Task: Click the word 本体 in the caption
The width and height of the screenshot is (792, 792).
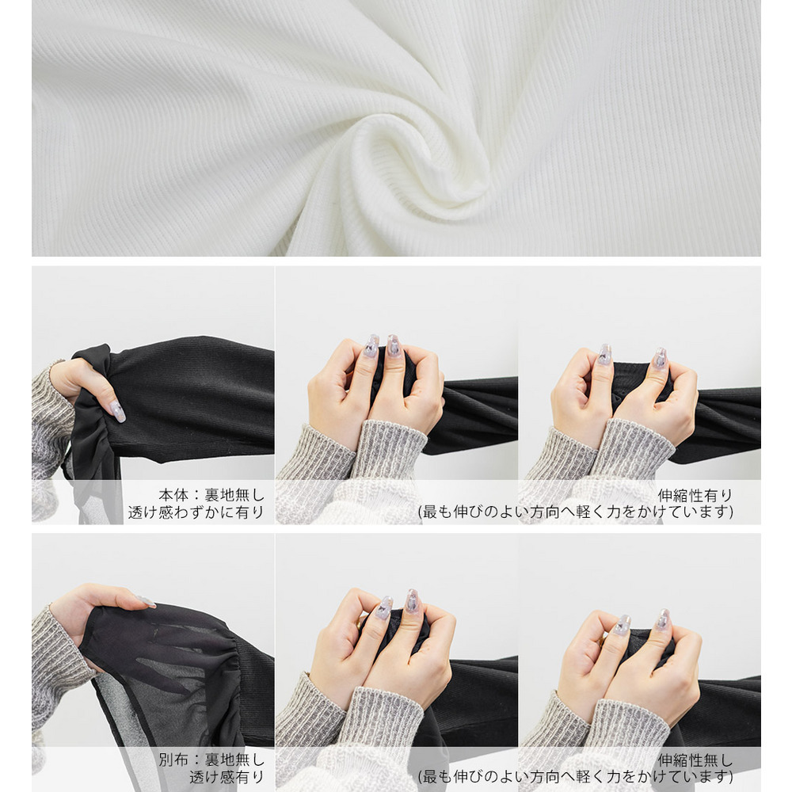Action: pos(173,495)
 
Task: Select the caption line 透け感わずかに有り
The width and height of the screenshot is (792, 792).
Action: pos(196,512)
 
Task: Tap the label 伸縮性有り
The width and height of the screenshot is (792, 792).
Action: pos(695,496)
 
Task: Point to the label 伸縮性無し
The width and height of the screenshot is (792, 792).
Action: pos(695,760)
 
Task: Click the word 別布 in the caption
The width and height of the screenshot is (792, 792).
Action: pos(173,760)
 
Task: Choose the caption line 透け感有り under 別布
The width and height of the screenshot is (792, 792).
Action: pos(227,777)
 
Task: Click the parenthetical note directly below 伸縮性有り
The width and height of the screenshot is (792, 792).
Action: pos(575,512)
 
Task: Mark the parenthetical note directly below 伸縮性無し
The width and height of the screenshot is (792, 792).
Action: pos(575,777)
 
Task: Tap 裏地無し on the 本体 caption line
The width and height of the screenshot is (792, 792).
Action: pos(234,495)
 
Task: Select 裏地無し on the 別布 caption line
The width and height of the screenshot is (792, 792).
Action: pos(234,760)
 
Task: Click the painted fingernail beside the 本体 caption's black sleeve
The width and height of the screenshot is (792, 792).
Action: pos(117,412)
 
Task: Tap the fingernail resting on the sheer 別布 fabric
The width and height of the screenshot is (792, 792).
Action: pos(146,601)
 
